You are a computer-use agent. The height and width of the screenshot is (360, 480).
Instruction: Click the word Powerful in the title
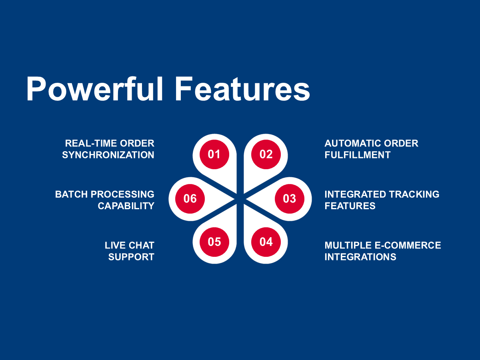[95, 89]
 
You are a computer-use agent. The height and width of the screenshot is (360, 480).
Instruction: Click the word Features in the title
[242, 89]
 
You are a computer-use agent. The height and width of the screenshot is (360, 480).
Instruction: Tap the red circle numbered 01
[214, 154]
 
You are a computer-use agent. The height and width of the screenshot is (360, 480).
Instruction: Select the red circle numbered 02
[266, 154]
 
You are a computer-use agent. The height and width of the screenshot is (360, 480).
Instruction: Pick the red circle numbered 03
[290, 199]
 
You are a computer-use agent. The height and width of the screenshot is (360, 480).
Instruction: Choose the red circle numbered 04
[266, 242]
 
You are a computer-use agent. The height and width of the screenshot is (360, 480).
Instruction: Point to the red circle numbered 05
[214, 242]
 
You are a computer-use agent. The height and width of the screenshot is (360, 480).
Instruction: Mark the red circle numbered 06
[190, 199]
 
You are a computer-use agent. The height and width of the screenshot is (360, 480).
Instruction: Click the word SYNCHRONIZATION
[108, 155]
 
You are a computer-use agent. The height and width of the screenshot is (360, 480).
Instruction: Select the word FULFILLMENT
[358, 155]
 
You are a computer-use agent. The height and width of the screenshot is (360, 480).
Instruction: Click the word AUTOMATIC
[353, 143]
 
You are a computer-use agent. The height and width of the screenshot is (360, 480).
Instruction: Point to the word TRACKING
[414, 194]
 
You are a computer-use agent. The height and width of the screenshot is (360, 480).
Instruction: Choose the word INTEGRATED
[355, 194]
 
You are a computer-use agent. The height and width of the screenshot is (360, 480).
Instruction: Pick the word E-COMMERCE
[408, 245]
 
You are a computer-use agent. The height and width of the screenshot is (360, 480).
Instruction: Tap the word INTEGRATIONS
[360, 257]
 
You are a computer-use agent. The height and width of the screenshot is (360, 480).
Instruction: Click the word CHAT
[142, 245]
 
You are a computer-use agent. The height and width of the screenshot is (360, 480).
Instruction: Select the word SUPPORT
[132, 257]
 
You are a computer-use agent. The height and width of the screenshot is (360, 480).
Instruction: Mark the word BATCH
[71, 194]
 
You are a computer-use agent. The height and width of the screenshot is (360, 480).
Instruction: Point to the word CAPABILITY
[126, 206]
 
